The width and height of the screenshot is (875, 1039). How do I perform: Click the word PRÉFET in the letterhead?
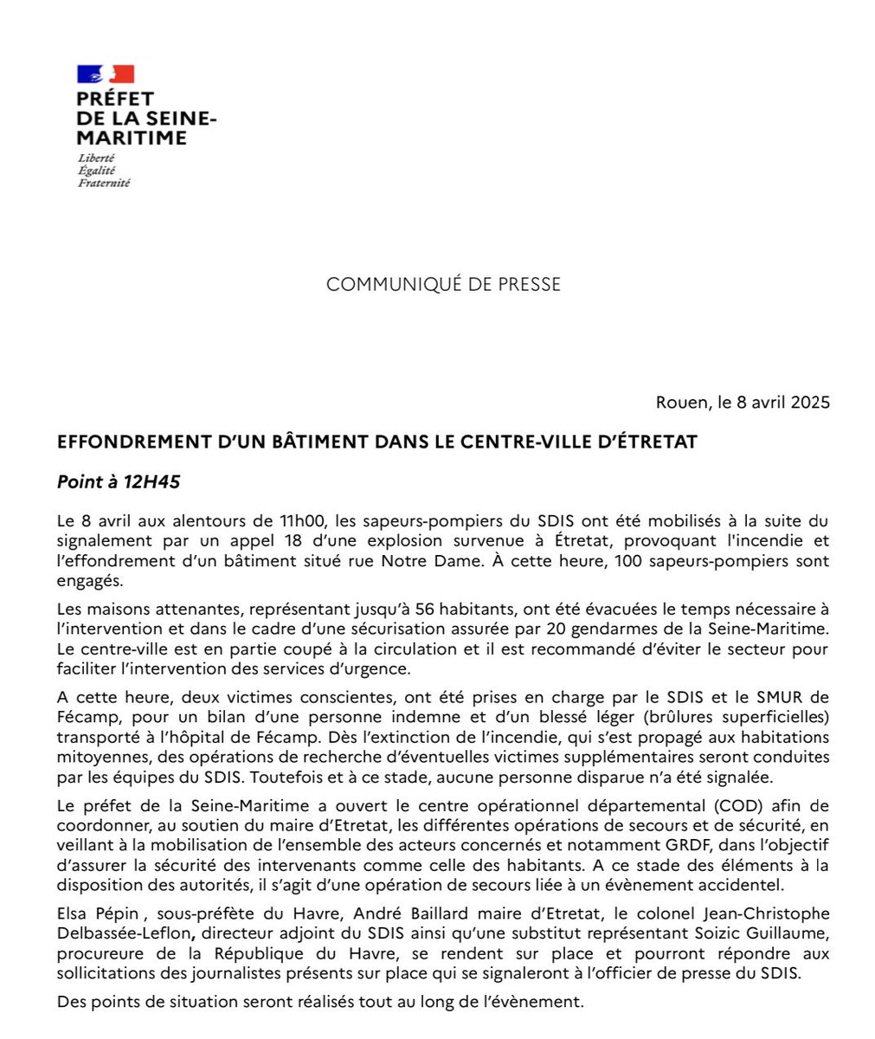coord(115,100)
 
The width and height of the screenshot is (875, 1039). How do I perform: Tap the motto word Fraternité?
coord(104,184)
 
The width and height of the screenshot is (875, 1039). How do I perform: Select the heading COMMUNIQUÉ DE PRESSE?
coord(443,284)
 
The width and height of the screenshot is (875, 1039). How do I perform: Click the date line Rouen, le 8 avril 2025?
coord(743,403)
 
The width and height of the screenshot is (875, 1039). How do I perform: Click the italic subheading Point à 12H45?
coord(119,482)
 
